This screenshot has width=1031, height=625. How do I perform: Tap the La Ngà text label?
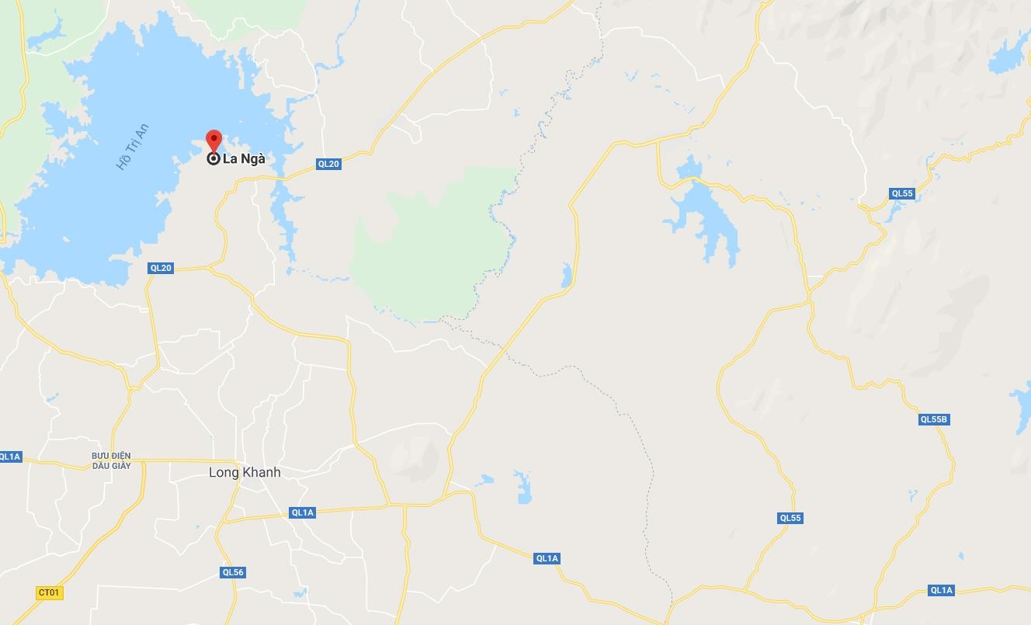point(244,159)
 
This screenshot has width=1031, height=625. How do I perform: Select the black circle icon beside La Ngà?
point(213,159)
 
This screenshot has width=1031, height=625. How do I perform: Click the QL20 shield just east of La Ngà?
point(328,164)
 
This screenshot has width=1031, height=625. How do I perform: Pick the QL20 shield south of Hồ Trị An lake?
point(161,268)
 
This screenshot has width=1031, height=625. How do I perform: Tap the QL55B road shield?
point(934,419)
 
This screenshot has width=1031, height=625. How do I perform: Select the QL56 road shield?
point(233,572)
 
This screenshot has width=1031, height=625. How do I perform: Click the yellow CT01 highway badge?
point(48,592)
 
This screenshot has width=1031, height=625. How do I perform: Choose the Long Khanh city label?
point(245,472)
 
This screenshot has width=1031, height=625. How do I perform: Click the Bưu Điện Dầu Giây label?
point(111,460)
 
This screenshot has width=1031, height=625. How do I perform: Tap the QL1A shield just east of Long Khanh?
point(302,512)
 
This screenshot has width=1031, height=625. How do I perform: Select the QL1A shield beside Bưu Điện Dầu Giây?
point(10,457)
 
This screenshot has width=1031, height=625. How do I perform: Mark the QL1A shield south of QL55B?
point(941,590)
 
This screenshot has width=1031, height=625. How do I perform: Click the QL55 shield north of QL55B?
point(902,193)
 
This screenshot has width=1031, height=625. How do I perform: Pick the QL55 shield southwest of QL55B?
point(790,518)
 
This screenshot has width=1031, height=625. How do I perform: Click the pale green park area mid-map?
point(431,248)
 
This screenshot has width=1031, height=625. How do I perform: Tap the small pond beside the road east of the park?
point(567,274)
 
